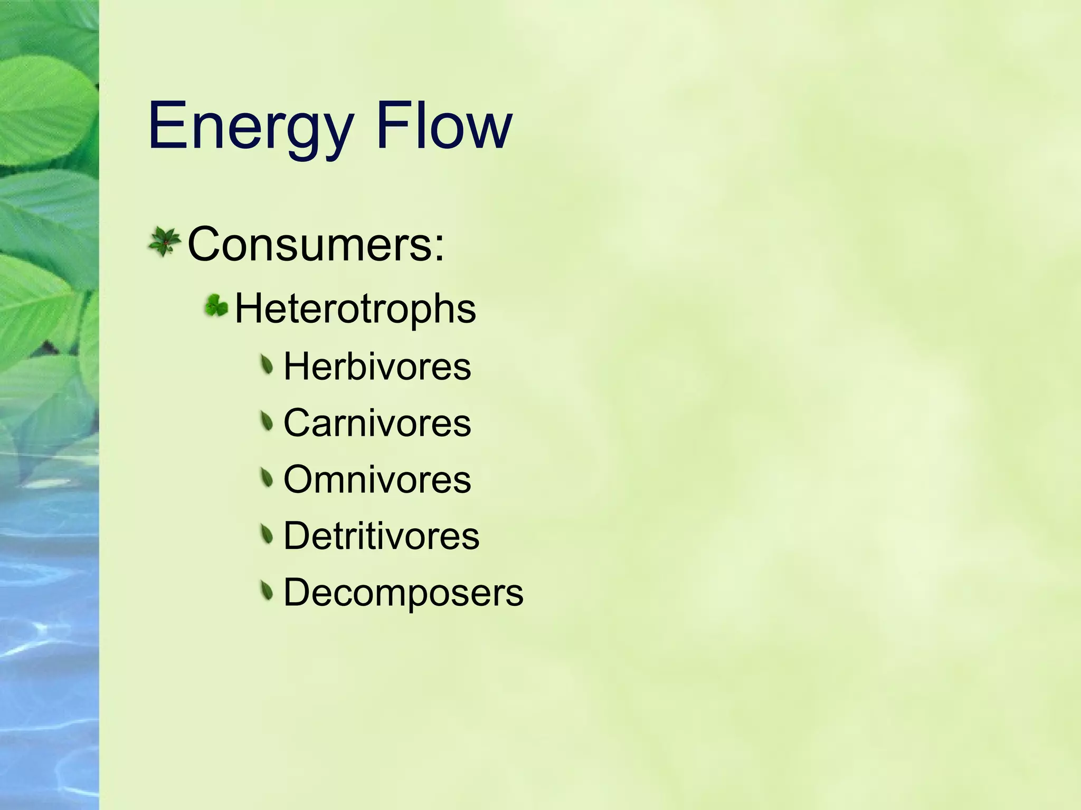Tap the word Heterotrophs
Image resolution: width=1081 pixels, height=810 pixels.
coord(355,308)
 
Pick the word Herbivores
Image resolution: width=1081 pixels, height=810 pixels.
coord(377,367)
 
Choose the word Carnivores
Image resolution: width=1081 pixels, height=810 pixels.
coord(377,423)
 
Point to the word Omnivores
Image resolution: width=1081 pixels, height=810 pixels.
coord(377,480)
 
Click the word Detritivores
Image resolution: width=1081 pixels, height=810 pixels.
coord(381,536)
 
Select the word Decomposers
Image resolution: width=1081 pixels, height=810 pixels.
coord(403,593)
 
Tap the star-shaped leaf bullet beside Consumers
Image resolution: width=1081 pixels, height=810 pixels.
coord(165,242)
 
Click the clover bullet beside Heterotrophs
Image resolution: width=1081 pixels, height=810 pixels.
coord(216,305)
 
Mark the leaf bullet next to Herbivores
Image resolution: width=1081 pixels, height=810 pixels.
coord(268,365)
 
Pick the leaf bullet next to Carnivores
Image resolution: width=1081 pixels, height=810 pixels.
coord(268,421)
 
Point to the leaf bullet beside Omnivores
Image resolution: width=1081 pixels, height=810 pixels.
coord(268,478)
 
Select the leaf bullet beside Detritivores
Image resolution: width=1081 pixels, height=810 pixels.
coord(268,535)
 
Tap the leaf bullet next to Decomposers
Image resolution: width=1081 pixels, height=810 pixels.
coord(268,591)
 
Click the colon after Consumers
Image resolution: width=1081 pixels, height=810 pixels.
coord(439,248)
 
